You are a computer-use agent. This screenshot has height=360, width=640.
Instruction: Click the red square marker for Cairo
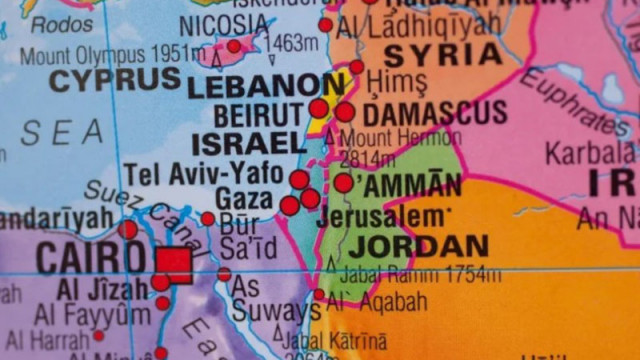pyautogui.click(x=173, y=264)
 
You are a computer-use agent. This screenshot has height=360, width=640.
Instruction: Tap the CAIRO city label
pyautogui.click(x=90, y=259)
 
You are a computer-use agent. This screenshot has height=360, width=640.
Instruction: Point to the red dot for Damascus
pyautogui.click(x=344, y=112)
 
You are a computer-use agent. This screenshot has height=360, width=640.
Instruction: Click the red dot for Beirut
pyautogui.click(x=318, y=108)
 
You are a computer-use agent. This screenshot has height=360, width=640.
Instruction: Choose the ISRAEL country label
pyautogui.click(x=247, y=143)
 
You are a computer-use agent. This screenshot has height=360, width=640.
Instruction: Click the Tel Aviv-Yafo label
pyautogui.click(x=203, y=173)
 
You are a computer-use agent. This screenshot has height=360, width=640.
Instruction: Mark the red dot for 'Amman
pyautogui.click(x=343, y=183)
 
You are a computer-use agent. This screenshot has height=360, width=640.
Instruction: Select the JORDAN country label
pyautogui.click(x=419, y=245)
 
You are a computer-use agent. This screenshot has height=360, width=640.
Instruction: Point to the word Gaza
pyautogui.click(x=244, y=197)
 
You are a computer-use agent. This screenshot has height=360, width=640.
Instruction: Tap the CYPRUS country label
pyautogui.click(x=116, y=80)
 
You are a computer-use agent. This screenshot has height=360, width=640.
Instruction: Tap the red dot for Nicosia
pyautogui.click(x=234, y=45)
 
